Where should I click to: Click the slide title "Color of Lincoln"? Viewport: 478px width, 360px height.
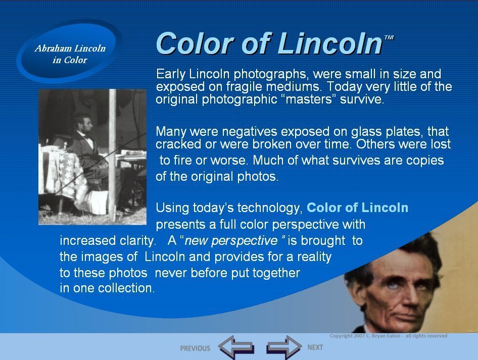pos(269,43)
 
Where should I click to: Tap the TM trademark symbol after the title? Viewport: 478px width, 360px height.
pos(389,37)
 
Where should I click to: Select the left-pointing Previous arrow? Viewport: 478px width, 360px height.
pos(236,347)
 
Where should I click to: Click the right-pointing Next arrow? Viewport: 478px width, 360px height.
pos(284,347)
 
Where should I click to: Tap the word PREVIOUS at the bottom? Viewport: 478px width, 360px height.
pos(195,348)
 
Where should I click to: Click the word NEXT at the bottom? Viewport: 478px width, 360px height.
pos(315,347)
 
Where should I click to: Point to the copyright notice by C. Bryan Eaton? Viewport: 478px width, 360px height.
pos(389,336)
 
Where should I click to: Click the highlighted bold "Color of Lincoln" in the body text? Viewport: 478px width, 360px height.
pos(357,208)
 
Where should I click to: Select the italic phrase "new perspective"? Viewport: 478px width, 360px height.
pos(231,241)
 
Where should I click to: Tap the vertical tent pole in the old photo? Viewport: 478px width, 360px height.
pos(112,155)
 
